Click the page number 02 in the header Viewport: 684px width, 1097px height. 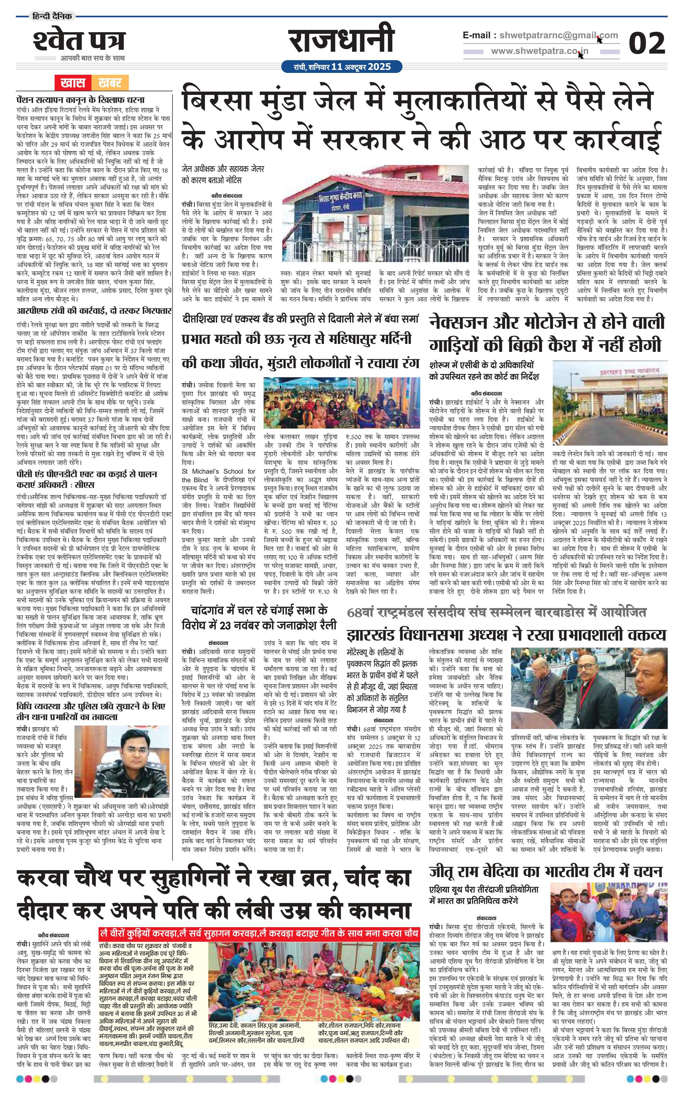tap(646, 44)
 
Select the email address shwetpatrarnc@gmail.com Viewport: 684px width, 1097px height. tap(556, 35)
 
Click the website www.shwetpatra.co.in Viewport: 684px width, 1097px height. tap(539, 52)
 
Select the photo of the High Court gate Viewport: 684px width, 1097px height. tap(609, 404)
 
